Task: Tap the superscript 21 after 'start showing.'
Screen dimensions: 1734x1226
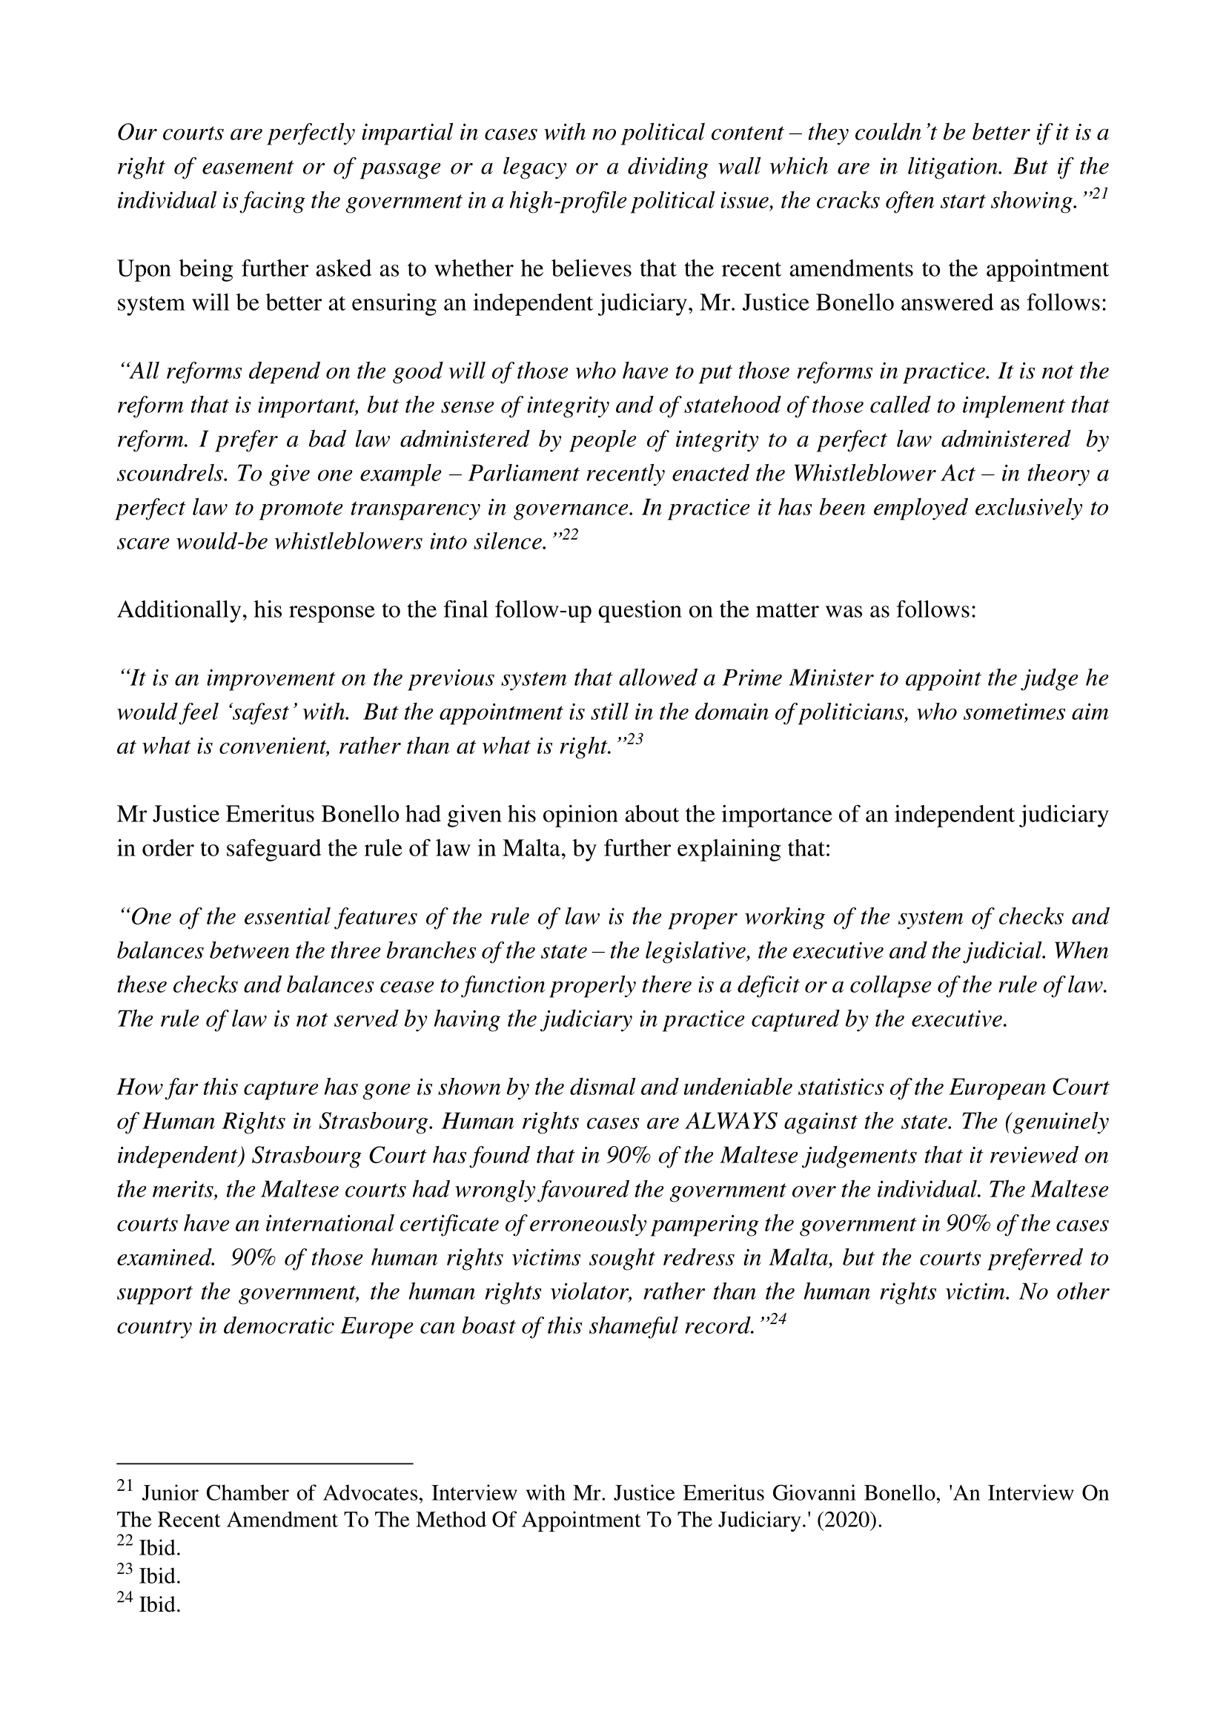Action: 1099,194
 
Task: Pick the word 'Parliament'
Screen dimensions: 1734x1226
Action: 520,474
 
